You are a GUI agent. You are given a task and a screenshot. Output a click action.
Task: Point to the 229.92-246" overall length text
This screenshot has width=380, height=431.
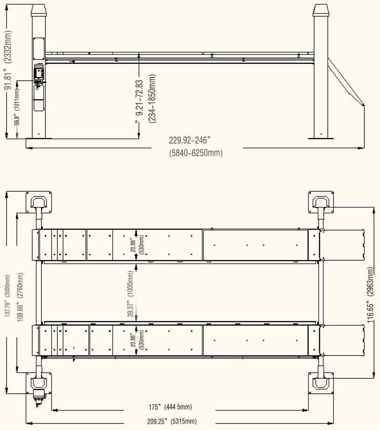pyautogui.click(x=190, y=139)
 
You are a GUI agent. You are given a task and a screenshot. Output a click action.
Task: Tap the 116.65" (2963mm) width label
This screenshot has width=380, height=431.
pyautogui.click(x=371, y=295)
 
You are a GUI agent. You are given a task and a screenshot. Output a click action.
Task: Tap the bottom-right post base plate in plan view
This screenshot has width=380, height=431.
pyautogui.click(x=321, y=383)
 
